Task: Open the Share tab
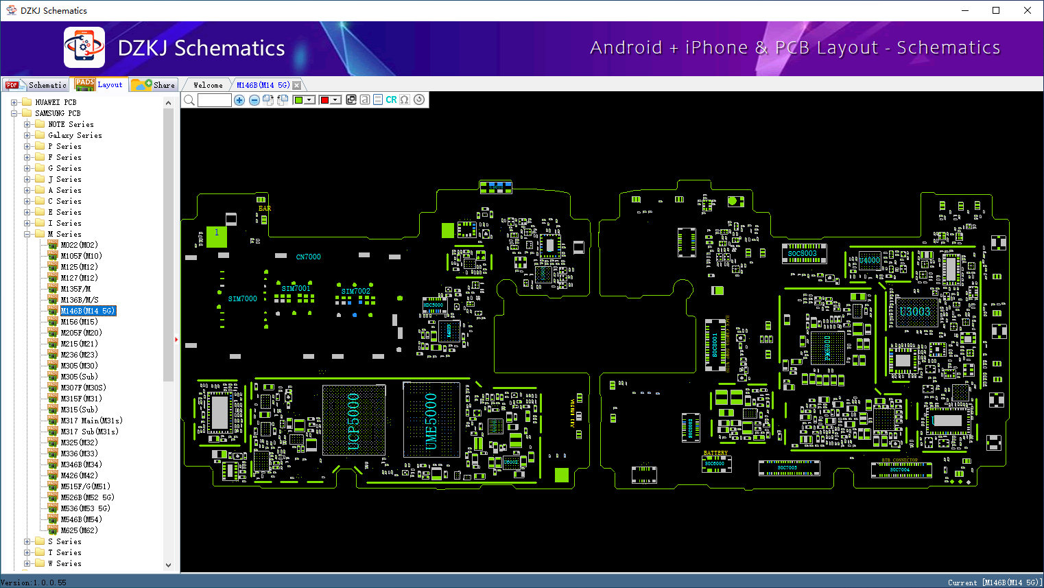pos(154,85)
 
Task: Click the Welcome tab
pos(208,85)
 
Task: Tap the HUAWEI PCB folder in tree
pos(56,102)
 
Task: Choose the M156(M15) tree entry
pos(79,322)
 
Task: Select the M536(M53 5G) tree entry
pos(85,508)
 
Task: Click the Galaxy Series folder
pos(75,135)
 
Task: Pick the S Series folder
pos(64,541)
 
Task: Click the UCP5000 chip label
pos(354,421)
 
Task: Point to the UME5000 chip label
pos(431,421)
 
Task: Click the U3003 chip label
pos(915,311)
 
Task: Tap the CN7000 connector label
pos(308,257)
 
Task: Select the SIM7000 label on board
pos(242,298)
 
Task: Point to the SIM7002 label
pos(355,291)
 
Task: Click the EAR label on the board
pos(265,209)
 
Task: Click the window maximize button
pos(996,10)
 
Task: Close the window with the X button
pos(1028,10)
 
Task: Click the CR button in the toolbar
pos(391,99)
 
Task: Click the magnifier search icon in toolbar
pos(189,100)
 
